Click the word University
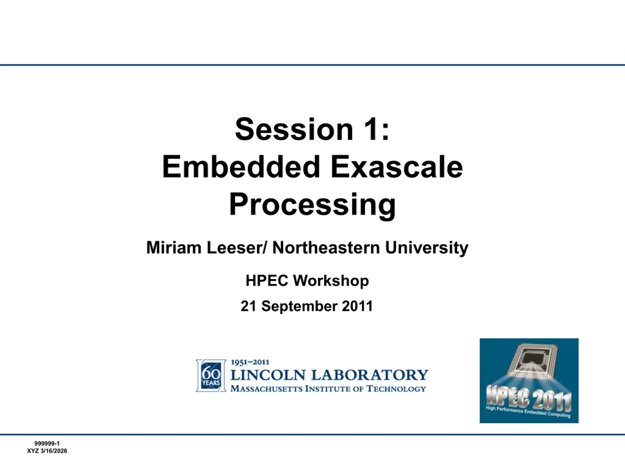pyautogui.click(x=427, y=248)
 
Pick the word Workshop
pyautogui.click(x=331, y=281)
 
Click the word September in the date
pyautogui.click(x=299, y=306)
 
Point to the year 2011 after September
pyautogui.click(x=357, y=306)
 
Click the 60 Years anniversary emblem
pyautogui.click(x=211, y=376)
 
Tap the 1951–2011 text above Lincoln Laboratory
pyautogui.click(x=250, y=362)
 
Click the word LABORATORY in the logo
pyautogui.click(x=370, y=375)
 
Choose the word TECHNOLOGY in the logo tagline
pyautogui.click(x=396, y=389)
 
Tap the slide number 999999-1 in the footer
pyautogui.click(x=47, y=444)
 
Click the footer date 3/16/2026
pyautogui.click(x=54, y=451)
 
